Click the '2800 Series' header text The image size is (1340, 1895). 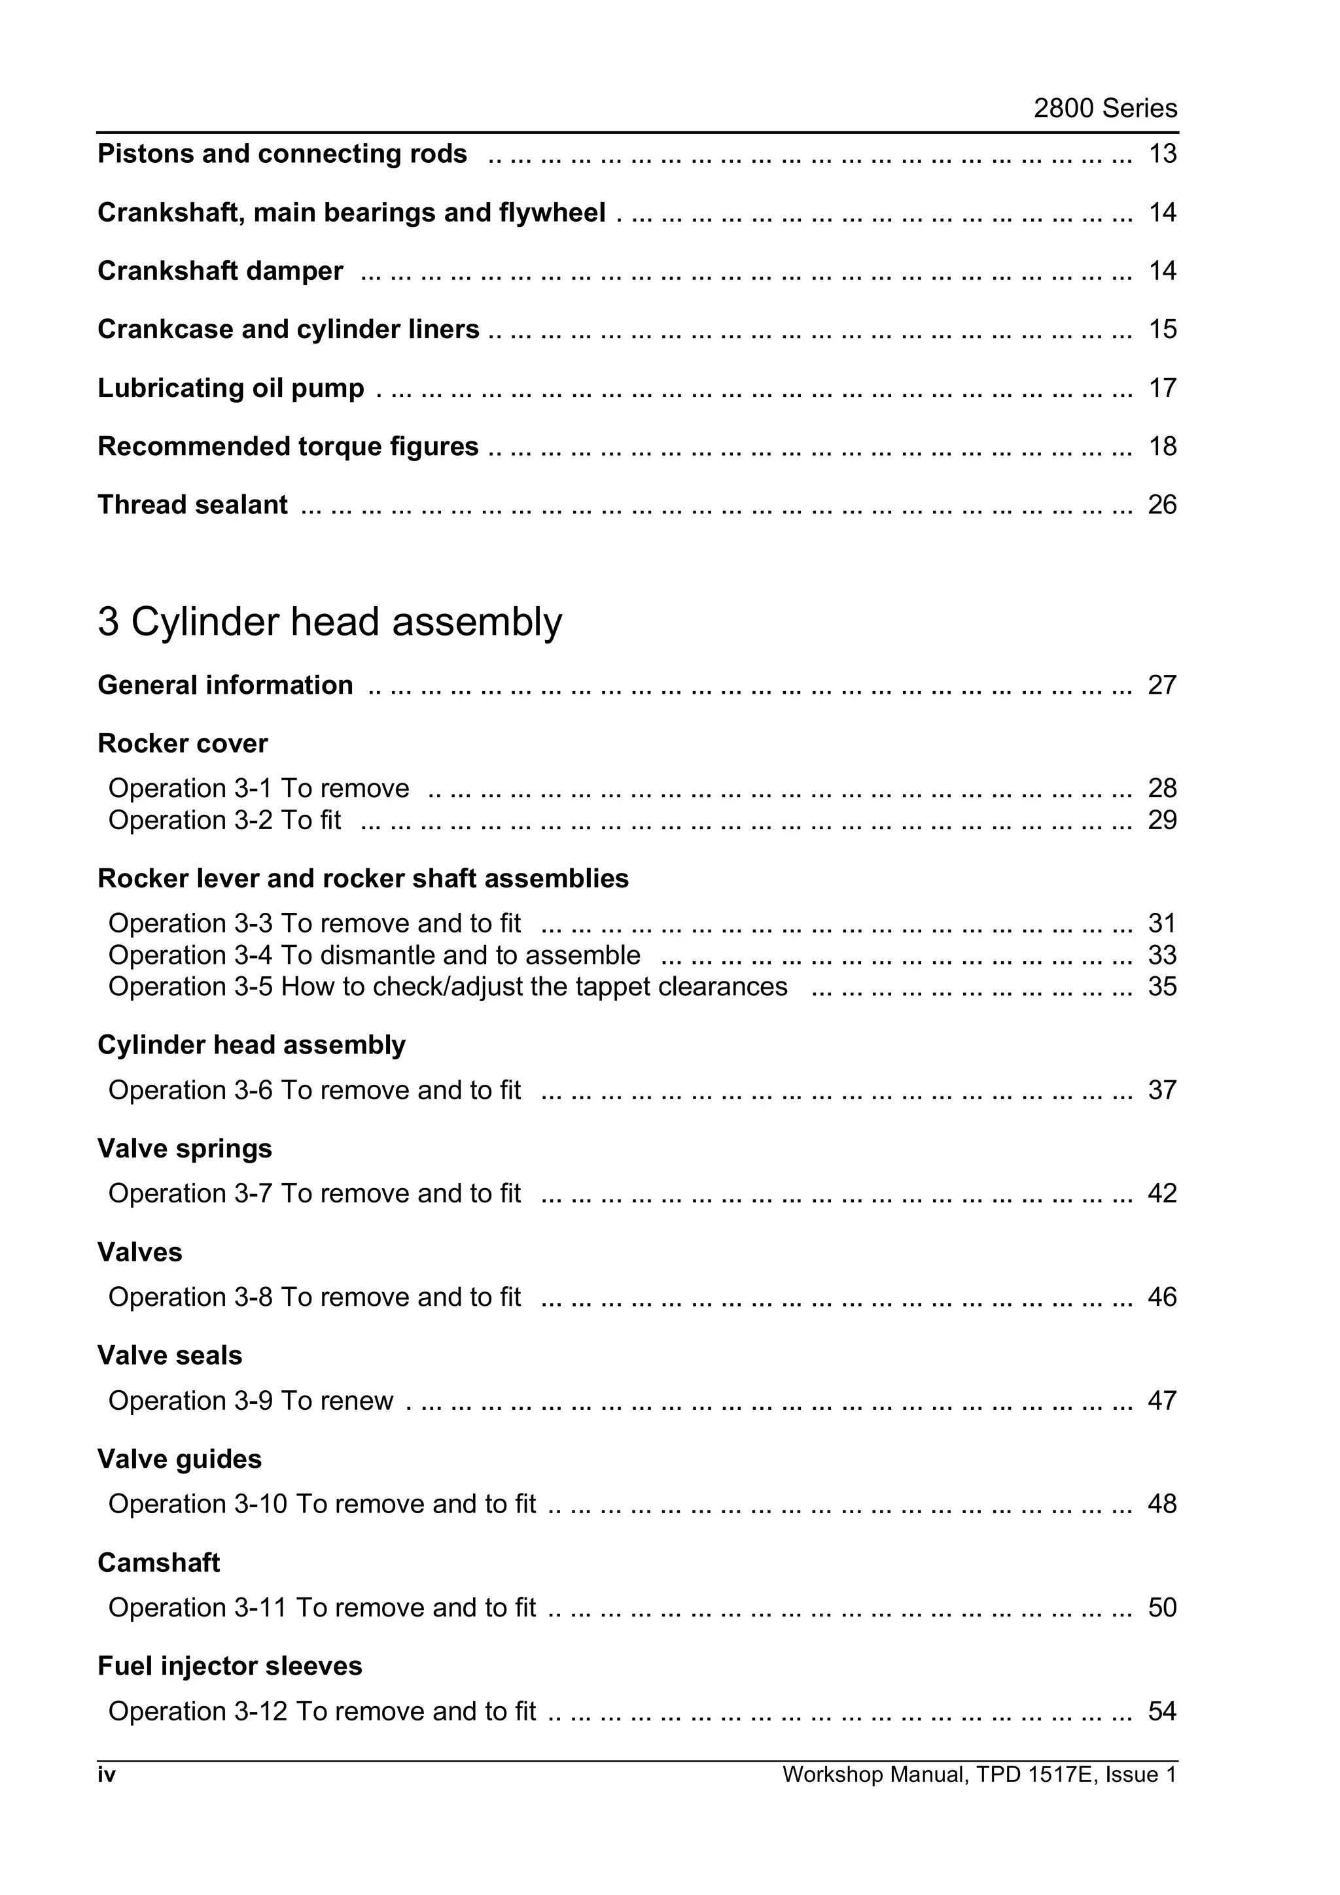tap(1104, 108)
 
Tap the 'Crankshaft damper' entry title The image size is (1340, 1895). tap(220, 271)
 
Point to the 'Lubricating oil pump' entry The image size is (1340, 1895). tap(230, 388)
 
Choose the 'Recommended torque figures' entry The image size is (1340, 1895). tap(287, 447)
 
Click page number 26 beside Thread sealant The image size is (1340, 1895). tap(1161, 505)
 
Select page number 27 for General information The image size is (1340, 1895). tap(1161, 685)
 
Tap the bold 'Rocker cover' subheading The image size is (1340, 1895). tap(183, 743)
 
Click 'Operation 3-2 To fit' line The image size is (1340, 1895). tap(224, 821)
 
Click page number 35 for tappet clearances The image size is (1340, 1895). tap(1161, 987)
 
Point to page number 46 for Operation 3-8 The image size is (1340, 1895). tap(1161, 1297)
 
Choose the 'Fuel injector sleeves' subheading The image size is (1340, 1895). tap(230, 1665)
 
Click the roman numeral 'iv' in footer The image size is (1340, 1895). tap(107, 1775)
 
